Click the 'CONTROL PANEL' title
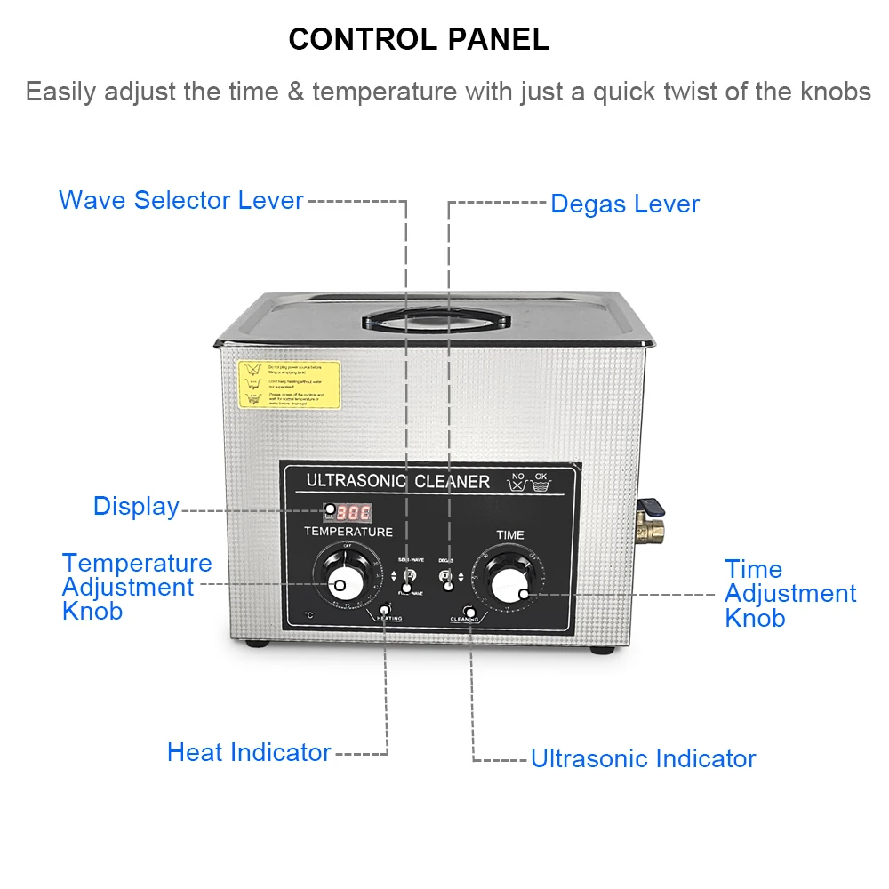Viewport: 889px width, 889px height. pos(419,39)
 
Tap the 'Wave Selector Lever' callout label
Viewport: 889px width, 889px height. pos(181,200)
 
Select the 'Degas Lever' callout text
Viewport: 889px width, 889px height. pos(625,204)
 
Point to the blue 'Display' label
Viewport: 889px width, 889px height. pos(136,506)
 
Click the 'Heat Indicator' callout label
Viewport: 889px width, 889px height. pos(249,752)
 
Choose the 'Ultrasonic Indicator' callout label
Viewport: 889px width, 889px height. pos(643,758)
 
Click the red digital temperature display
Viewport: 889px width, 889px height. pos(352,512)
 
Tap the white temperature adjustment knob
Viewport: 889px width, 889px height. pos(339,583)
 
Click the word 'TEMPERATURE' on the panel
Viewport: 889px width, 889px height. pos(348,532)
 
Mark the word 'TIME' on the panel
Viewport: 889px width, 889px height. pos(510,535)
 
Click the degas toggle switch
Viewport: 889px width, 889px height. pos(447,581)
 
